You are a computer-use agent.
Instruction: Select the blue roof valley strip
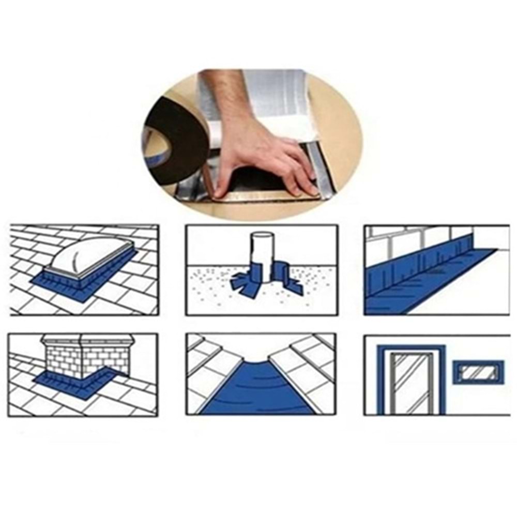click(258, 393)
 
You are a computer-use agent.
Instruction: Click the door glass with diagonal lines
click(411, 383)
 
